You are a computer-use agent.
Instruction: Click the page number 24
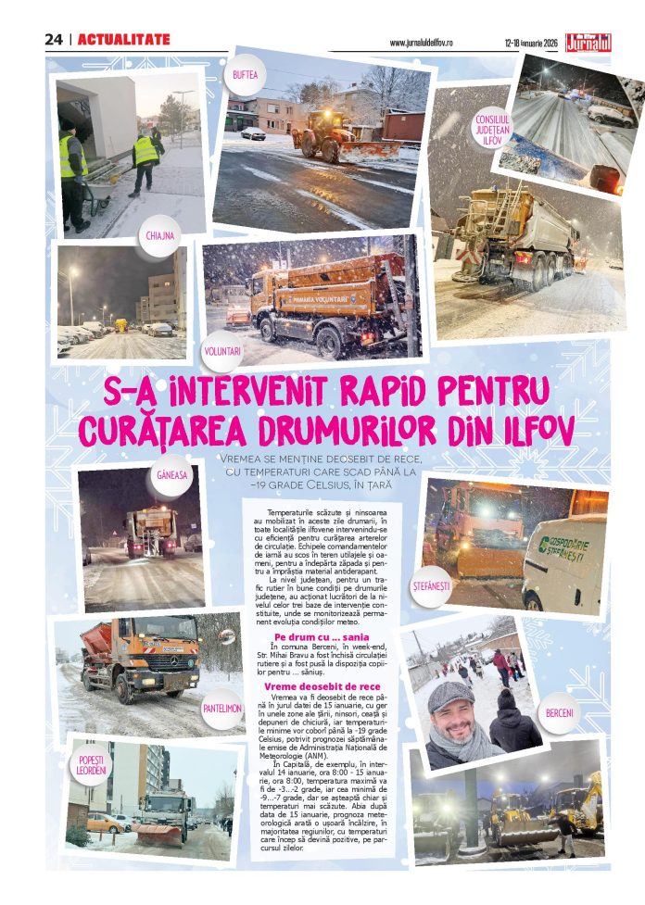click(54, 40)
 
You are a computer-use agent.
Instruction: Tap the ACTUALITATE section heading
click(123, 40)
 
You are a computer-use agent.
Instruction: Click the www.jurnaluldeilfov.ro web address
click(430, 43)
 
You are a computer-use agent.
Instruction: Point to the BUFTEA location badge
click(246, 74)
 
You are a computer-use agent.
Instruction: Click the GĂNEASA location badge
click(171, 474)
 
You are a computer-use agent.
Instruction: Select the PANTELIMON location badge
click(222, 708)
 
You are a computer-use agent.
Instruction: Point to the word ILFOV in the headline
click(530, 429)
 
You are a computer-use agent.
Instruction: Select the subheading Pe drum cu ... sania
click(310, 637)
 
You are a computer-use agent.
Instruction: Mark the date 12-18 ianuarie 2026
click(532, 43)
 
